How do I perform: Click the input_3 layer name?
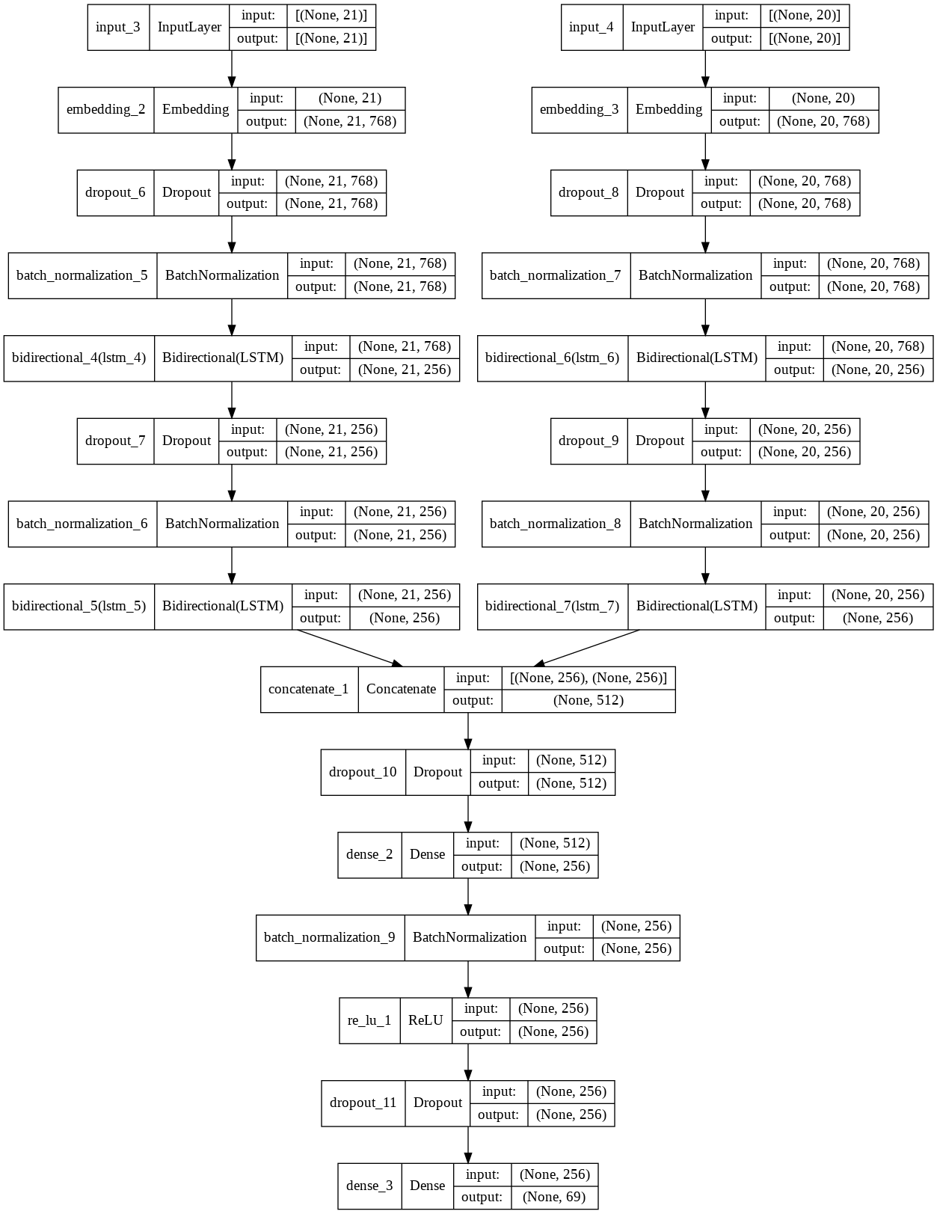point(118,27)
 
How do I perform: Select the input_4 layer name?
point(592,27)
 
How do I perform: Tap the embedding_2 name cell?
point(106,109)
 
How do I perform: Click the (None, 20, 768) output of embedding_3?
point(823,121)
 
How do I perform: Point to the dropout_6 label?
point(115,192)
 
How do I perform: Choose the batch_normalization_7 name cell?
point(556,275)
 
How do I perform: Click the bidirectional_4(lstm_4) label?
point(79,358)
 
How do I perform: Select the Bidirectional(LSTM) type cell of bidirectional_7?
point(696,606)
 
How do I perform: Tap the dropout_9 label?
point(589,441)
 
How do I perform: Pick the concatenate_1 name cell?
point(309,689)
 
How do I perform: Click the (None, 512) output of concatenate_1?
point(588,701)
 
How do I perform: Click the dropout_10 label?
point(363,772)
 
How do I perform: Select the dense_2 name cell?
point(369,854)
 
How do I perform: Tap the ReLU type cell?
point(426,1020)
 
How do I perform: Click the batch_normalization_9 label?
point(330,937)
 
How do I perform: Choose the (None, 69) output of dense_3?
point(554,1197)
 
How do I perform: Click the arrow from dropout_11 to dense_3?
point(468,1144)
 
